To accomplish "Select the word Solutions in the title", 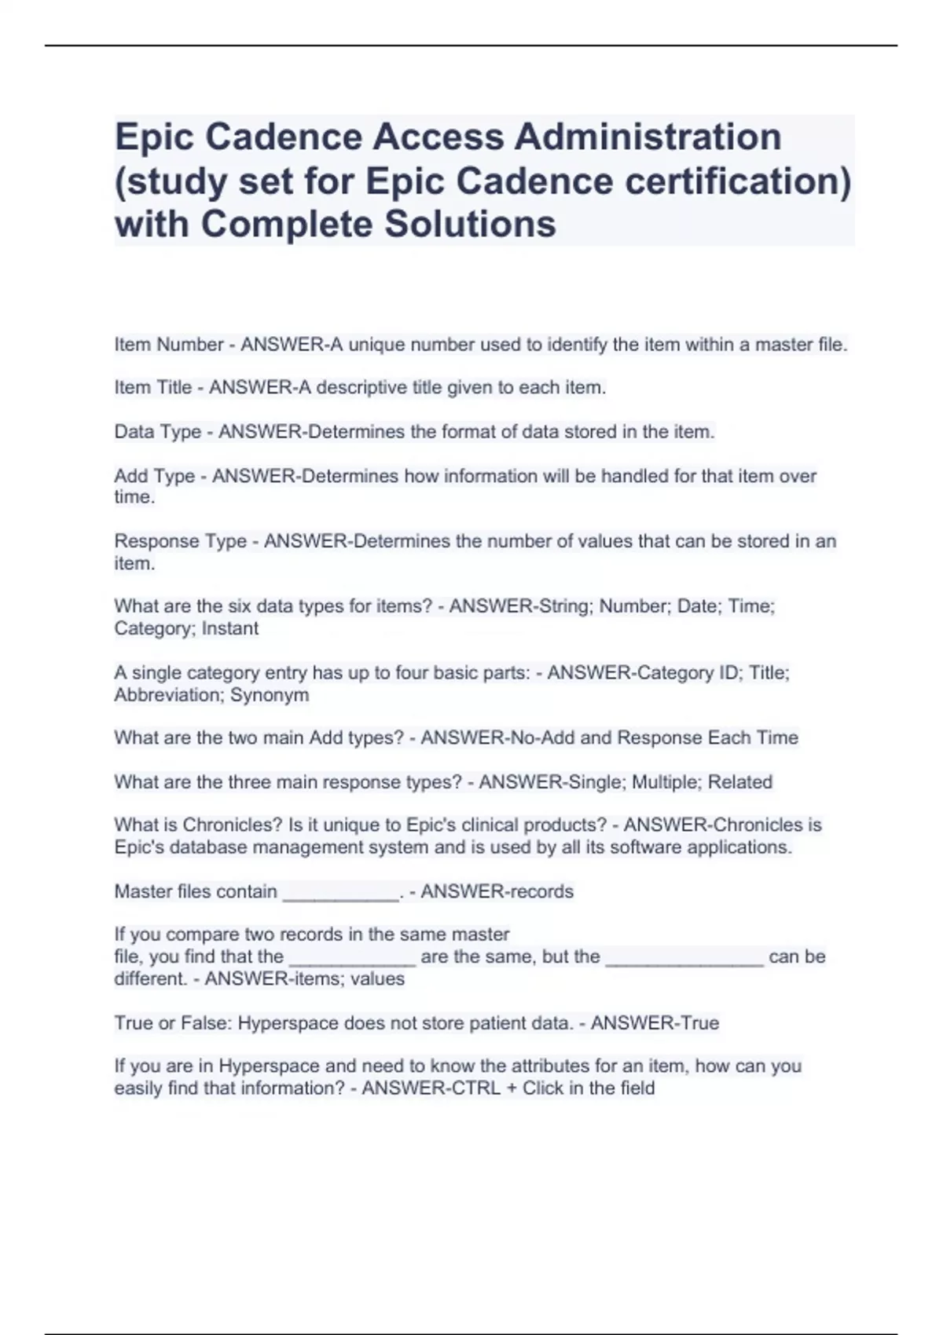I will [x=470, y=225].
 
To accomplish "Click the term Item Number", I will [x=168, y=345].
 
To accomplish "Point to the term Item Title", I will [x=152, y=388].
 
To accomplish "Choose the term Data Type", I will [x=157, y=432].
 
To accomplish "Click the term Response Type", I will [x=180, y=542].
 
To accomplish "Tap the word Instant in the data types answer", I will [x=229, y=629].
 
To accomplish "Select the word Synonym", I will [x=269, y=695].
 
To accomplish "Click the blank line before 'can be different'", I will [x=684, y=959].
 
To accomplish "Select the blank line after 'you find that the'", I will [x=352, y=959].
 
